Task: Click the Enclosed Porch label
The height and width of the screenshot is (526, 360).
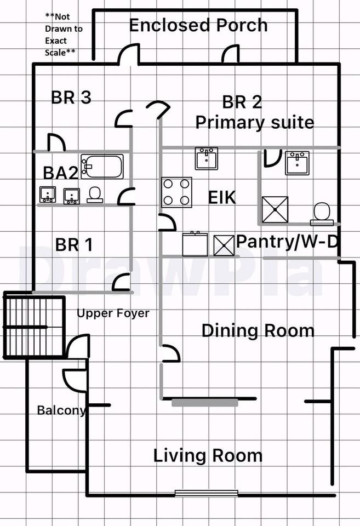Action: [198, 25]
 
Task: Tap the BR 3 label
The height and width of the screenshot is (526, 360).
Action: [71, 98]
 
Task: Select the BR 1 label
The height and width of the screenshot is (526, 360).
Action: [74, 244]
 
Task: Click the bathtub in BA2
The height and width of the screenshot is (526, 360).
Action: [102, 166]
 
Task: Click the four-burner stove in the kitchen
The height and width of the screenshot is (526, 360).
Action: [176, 192]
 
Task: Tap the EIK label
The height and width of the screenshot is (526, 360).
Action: [222, 198]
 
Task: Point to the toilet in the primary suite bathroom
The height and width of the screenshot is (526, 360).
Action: [322, 213]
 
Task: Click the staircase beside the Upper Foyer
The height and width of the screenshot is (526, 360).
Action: [34, 327]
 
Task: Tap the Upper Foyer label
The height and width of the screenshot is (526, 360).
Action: [113, 313]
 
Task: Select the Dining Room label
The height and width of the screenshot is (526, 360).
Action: [258, 331]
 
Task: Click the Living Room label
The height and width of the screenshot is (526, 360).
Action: [208, 455]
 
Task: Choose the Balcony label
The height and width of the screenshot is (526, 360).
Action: [61, 410]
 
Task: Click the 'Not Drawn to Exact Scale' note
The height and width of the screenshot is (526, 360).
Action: [63, 35]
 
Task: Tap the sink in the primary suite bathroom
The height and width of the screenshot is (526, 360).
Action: [297, 163]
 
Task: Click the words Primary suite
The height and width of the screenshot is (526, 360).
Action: [255, 122]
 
